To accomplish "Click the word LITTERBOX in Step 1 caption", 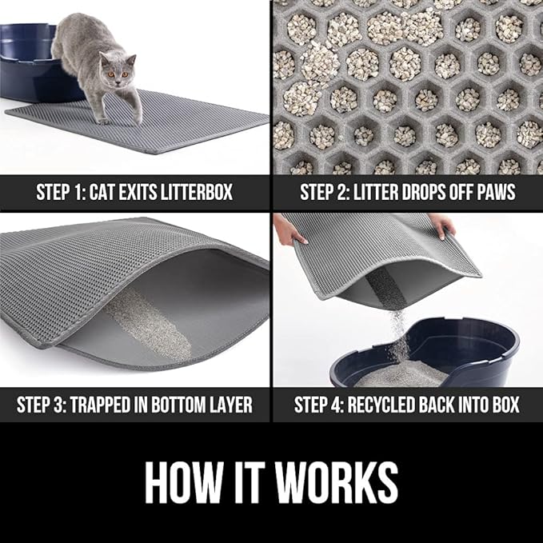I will coord(201,193).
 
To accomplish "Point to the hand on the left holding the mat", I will coord(289,233).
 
